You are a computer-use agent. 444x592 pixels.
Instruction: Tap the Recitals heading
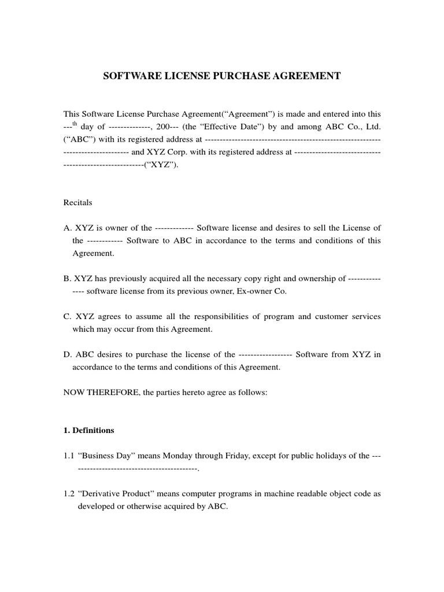pyautogui.click(x=77, y=203)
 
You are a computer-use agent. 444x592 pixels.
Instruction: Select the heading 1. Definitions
pyautogui.click(x=88, y=430)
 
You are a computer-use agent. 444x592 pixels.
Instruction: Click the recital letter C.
pyautogui.click(x=66, y=316)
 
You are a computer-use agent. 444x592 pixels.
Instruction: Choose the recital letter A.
pyautogui.click(x=66, y=228)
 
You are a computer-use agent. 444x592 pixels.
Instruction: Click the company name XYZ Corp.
pyautogui.click(x=165, y=152)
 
